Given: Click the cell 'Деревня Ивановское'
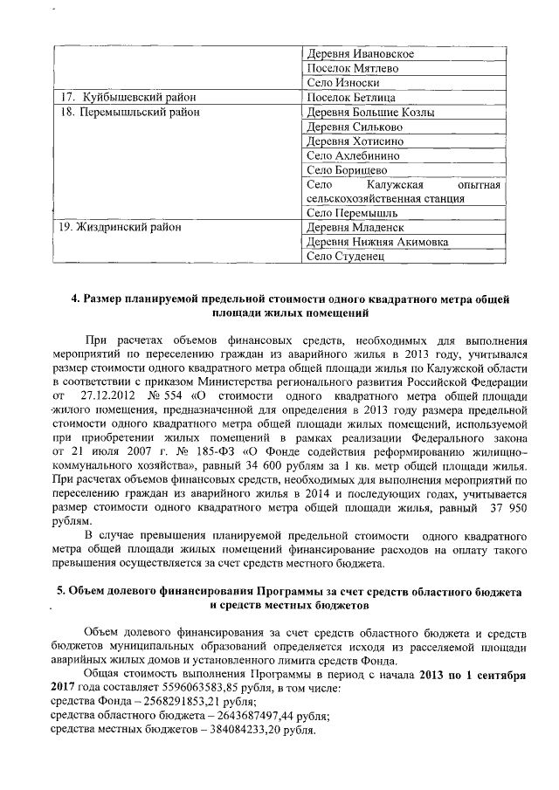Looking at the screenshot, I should (x=361, y=54).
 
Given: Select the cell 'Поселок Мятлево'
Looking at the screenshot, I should (x=351, y=68).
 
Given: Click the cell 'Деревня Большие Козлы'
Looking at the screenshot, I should (x=371, y=112).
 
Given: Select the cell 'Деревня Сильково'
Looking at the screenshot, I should (x=355, y=127).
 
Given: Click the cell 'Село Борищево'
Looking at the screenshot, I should (x=348, y=170).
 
